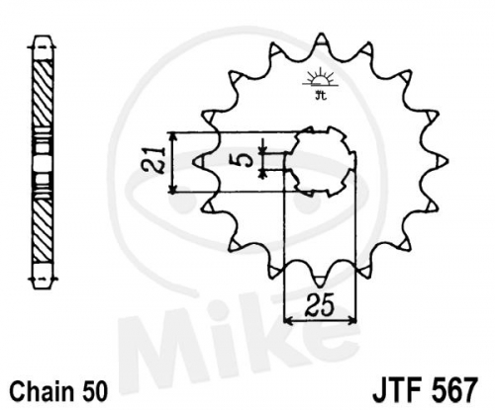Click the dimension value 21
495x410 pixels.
153,160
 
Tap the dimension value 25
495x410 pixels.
320,306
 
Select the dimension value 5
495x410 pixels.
246,161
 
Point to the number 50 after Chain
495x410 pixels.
94,391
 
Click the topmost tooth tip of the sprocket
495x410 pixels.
320,34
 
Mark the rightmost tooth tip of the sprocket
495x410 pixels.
447,161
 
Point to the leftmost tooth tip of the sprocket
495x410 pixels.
193,161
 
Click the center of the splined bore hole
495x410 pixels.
321,161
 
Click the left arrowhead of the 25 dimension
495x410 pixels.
285,319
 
